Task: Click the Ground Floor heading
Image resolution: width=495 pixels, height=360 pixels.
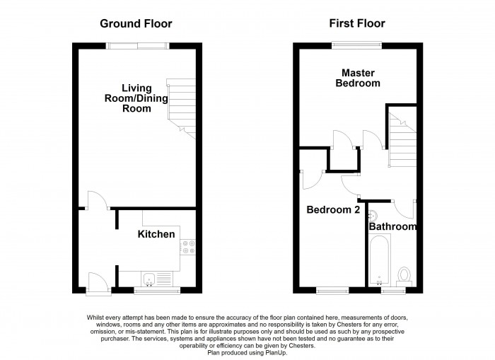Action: tap(136, 23)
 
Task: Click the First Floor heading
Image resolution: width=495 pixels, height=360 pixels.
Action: tap(357, 23)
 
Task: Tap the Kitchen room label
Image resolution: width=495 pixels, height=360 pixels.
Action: tap(156, 234)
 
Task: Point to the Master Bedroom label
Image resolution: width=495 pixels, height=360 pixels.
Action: tap(361, 78)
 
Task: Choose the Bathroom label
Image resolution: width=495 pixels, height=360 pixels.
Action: tap(392, 227)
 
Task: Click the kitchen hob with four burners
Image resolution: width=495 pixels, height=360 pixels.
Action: tap(189, 247)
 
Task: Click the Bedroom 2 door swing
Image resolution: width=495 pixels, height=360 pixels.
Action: tap(310, 180)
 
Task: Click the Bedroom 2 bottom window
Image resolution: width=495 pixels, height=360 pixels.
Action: tap(332, 290)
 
